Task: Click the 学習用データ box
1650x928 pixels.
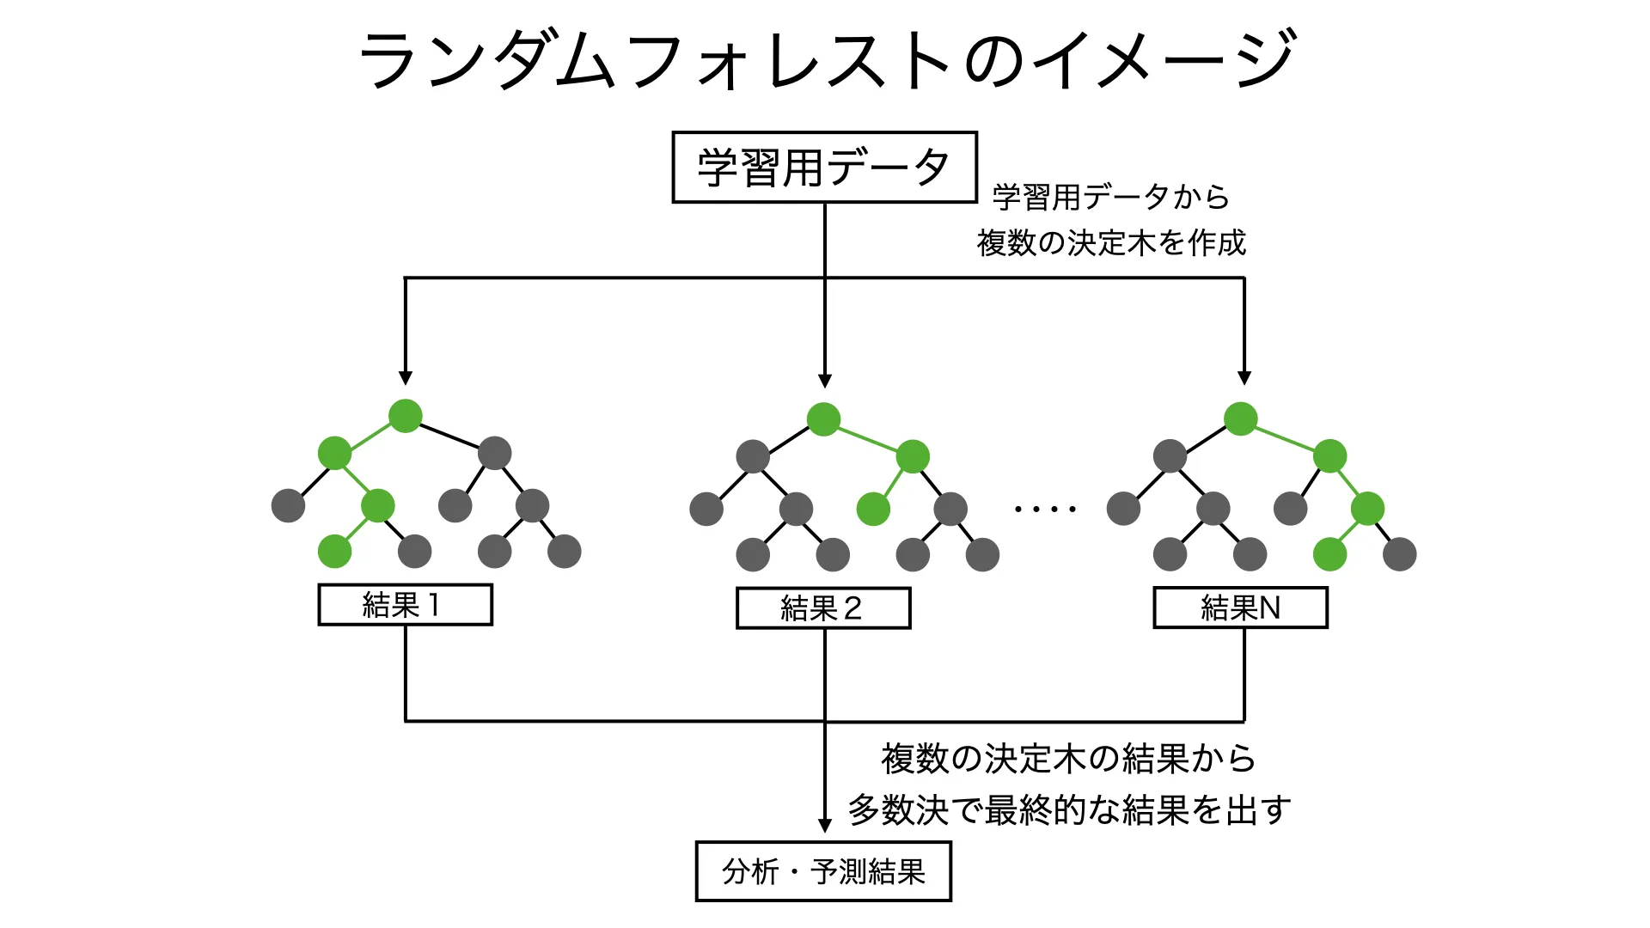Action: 824,168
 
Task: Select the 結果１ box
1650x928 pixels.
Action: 405,605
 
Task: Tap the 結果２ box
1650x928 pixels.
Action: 823,608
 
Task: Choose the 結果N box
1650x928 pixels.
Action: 1240,608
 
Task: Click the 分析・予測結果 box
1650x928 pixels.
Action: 823,871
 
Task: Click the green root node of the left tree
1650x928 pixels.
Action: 406,416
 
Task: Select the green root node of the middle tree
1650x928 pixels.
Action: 823,419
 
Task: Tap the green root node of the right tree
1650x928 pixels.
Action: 1240,418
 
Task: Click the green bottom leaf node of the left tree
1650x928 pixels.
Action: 334,552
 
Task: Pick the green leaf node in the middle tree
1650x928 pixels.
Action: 873,509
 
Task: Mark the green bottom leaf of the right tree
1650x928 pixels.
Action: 1329,554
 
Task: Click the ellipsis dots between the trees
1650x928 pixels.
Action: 1045,509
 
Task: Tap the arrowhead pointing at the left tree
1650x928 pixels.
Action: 406,378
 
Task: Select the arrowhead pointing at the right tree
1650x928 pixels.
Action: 1244,378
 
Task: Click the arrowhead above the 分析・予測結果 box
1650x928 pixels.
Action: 825,826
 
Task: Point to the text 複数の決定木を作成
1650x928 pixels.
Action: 1111,243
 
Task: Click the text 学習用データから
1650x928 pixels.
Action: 1110,197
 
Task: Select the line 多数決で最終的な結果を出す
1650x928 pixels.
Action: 1069,809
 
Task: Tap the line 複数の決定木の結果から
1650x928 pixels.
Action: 1068,759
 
